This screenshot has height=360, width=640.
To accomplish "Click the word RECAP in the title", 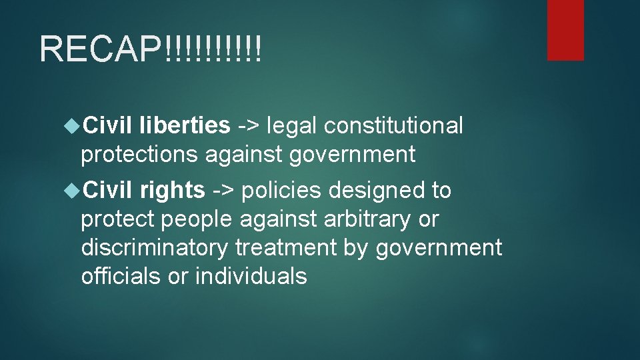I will pyautogui.click(x=100, y=49).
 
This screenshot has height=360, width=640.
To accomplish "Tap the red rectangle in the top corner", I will pyautogui.click(x=565, y=30).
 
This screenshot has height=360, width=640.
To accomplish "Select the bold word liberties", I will pyautogui.click(x=185, y=125).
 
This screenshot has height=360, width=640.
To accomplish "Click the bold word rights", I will pyautogui.click(x=172, y=190).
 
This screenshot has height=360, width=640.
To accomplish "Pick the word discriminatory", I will pyautogui.click(x=154, y=247).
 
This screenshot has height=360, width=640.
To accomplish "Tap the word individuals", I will pyautogui.click(x=251, y=276).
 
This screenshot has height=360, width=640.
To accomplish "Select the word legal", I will pyautogui.click(x=286, y=125).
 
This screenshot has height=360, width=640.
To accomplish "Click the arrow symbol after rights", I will pyautogui.click(x=223, y=191).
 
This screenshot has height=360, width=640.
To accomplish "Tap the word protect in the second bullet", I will pyautogui.click(x=119, y=219).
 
